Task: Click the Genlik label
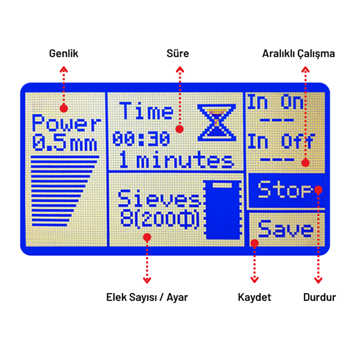click(64, 54)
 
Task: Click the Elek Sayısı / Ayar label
click(147, 297)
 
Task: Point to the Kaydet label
click(254, 297)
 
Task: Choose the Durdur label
click(319, 297)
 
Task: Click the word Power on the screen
click(66, 125)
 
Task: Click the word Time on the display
click(147, 111)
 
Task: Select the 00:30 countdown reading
click(141, 139)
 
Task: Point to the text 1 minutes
click(176, 161)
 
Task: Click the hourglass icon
click(216, 122)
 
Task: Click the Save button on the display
click(286, 229)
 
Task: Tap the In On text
click(275, 103)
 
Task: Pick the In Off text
click(280, 141)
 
